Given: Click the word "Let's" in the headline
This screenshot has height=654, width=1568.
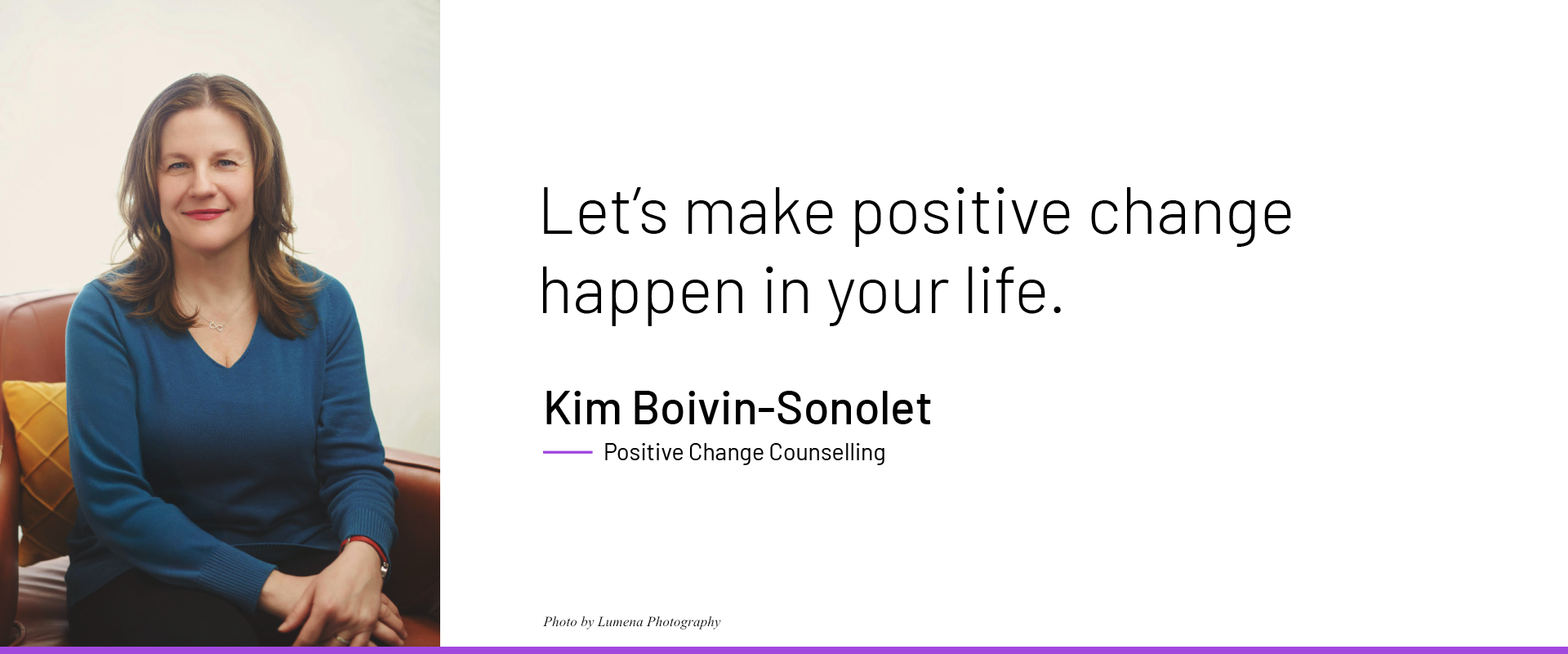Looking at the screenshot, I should point(603,212).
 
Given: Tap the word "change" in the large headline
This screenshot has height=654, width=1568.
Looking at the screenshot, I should point(1191,214).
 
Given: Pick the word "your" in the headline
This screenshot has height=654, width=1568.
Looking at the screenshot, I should point(889,294).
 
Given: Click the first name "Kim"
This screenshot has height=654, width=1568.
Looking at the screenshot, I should point(582,408).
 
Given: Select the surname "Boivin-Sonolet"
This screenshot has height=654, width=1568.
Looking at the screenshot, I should point(782,408).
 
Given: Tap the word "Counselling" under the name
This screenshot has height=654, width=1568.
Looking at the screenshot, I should point(826,452).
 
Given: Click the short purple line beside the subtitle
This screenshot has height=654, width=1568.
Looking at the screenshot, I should point(568,451).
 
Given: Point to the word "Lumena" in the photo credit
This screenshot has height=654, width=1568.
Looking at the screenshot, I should point(620,622).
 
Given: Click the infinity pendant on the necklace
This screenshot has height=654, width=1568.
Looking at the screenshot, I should point(216,327).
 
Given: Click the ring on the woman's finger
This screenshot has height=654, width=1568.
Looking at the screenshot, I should point(342,638).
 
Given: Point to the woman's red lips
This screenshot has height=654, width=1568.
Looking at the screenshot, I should point(203,214).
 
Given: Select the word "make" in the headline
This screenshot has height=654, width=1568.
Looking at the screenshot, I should point(759,212).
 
